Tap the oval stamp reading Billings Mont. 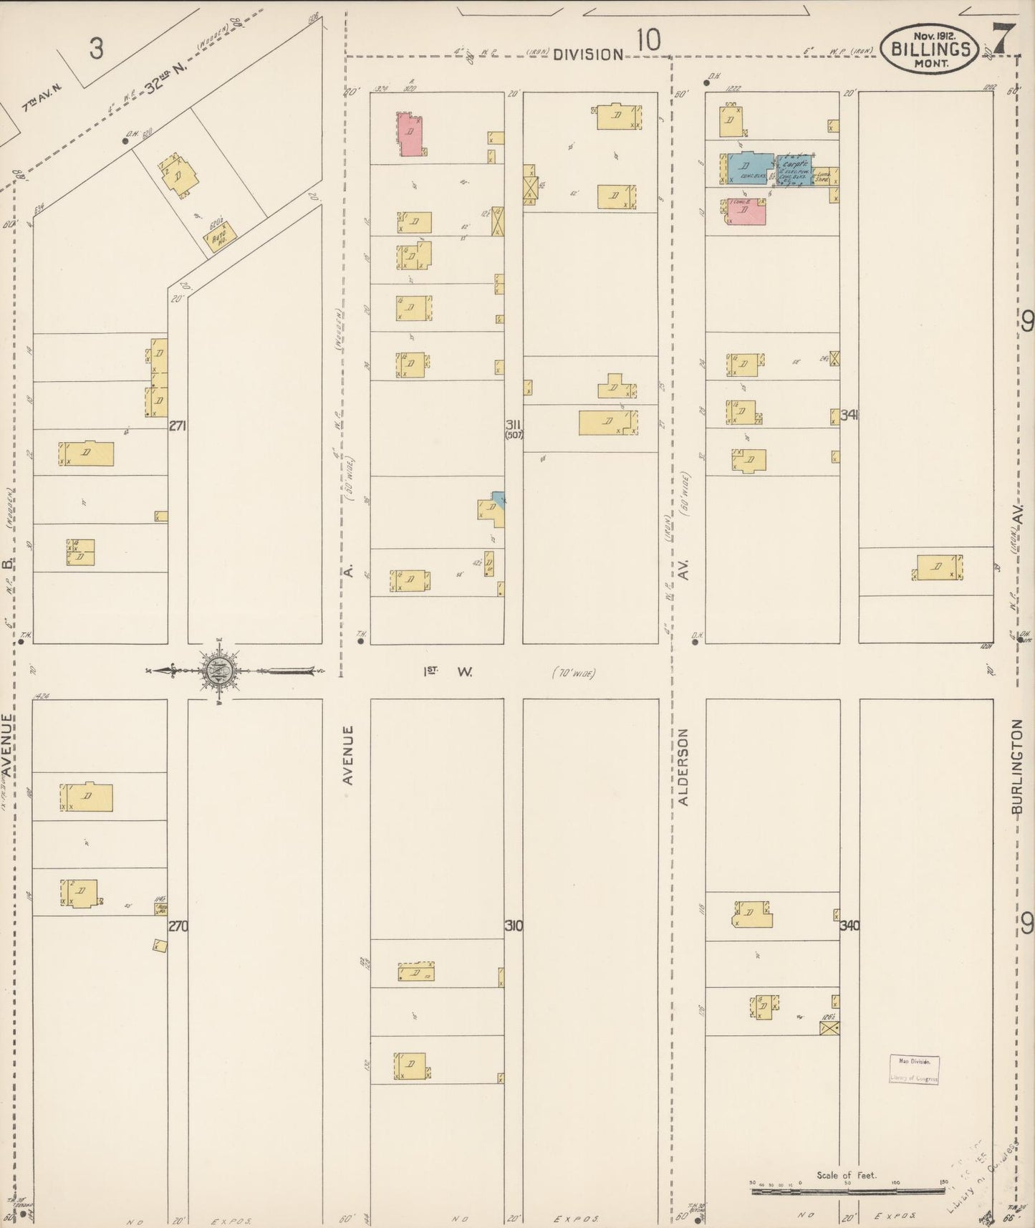click(931, 49)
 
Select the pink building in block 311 click(411, 134)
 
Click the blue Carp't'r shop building click(794, 171)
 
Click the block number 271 click(178, 426)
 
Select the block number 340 click(849, 925)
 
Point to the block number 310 click(514, 925)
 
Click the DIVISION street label click(588, 54)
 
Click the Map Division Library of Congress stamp click(914, 1070)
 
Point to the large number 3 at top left click(97, 49)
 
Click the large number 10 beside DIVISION click(648, 41)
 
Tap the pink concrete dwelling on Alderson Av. click(747, 212)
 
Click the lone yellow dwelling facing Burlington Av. click(939, 567)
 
